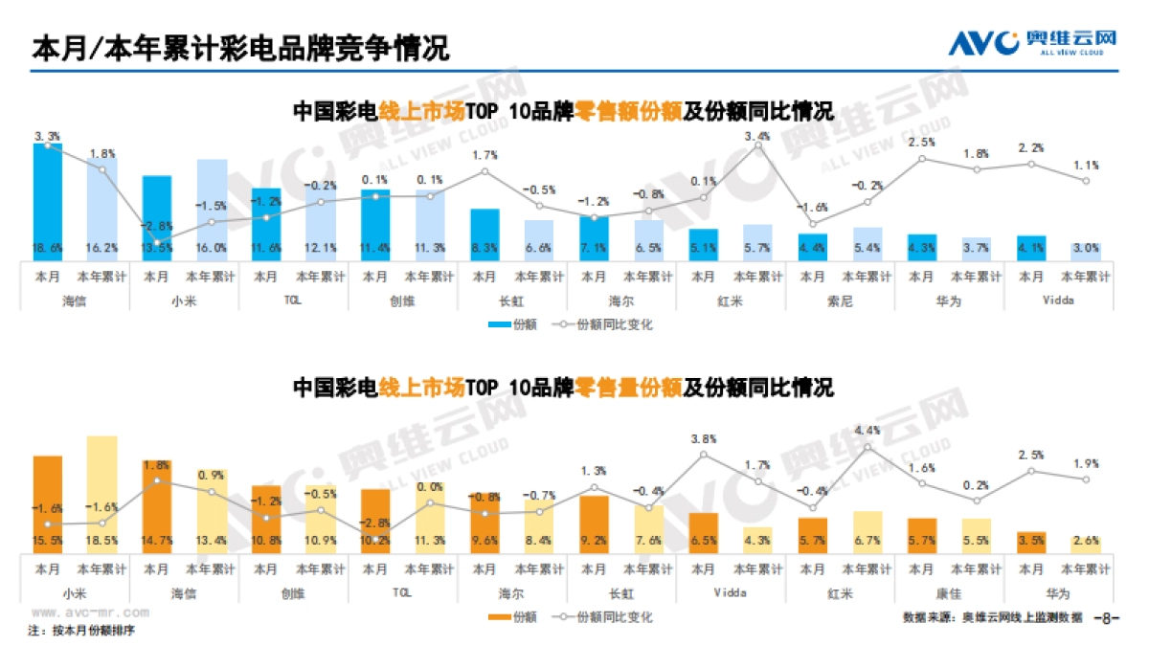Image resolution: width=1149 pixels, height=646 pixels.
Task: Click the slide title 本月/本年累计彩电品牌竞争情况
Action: coord(240,48)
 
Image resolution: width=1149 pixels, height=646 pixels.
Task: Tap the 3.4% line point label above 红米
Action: coord(757,137)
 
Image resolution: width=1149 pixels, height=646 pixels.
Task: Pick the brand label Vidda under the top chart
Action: coord(1059,299)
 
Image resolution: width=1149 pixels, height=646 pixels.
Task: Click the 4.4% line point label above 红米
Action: coord(867,431)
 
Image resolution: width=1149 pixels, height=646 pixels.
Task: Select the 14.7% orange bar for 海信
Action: coord(157,507)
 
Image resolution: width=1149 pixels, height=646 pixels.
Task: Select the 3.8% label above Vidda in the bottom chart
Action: coord(703,439)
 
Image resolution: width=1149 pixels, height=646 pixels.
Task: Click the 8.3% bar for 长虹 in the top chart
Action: coord(484,235)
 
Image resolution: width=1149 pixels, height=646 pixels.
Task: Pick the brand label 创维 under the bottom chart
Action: coord(293,592)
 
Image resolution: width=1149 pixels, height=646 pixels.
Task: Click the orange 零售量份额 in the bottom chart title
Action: coord(627,388)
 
